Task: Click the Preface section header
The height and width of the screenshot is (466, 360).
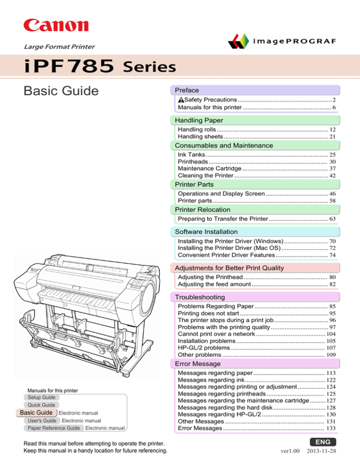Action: tap(187, 90)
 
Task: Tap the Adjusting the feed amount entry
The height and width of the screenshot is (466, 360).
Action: tap(215, 285)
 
